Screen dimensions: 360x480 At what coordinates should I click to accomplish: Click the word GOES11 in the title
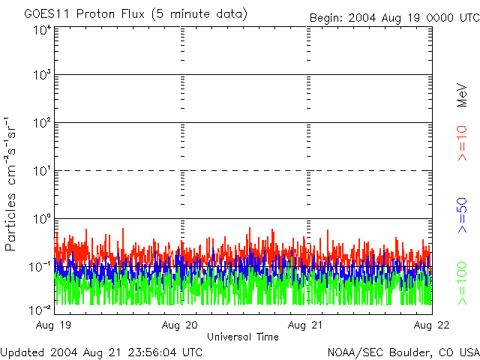pos(46,14)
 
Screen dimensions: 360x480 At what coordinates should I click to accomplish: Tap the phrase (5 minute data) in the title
pos(203,14)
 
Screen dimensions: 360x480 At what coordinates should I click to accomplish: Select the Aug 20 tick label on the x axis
pos(181,325)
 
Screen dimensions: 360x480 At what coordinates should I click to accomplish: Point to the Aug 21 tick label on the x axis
pos(307,325)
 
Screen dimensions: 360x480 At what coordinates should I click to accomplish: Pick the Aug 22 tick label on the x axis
pos(432,325)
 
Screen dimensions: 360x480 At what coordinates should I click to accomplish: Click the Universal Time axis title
pos(243,337)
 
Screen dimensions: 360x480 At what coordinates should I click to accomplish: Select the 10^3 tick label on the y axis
pos(41,76)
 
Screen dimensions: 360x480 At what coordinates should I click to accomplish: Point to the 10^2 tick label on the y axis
pos(41,123)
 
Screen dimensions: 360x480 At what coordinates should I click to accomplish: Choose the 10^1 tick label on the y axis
pos(41,171)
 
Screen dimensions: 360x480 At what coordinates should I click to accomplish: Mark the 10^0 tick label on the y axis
pos(41,219)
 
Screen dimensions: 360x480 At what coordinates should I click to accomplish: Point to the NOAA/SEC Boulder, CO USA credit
pos(403,352)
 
